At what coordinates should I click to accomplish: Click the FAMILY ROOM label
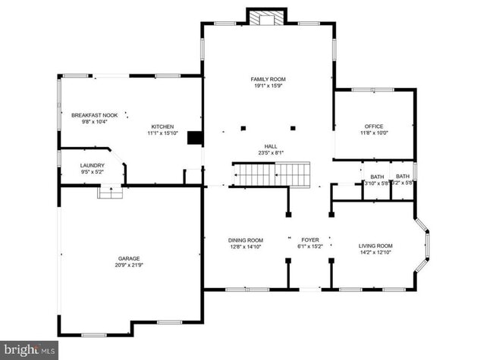(x=268, y=79)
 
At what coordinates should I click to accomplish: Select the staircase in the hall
(x=272, y=174)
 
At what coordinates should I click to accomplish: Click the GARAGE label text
(x=128, y=258)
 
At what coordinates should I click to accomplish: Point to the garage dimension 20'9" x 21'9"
(x=128, y=265)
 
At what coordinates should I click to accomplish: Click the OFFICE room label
(x=373, y=126)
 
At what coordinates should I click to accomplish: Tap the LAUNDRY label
(x=92, y=164)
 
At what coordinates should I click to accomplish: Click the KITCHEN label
(x=162, y=126)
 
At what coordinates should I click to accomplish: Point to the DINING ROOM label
(x=246, y=241)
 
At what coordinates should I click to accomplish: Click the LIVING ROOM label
(x=375, y=246)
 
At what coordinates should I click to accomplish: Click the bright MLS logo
(x=29, y=349)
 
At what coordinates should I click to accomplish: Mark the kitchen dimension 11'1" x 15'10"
(x=162, y=133)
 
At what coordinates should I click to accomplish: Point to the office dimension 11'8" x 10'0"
(x=373, y=133)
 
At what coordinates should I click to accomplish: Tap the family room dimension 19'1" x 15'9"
(x=268, y=86)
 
